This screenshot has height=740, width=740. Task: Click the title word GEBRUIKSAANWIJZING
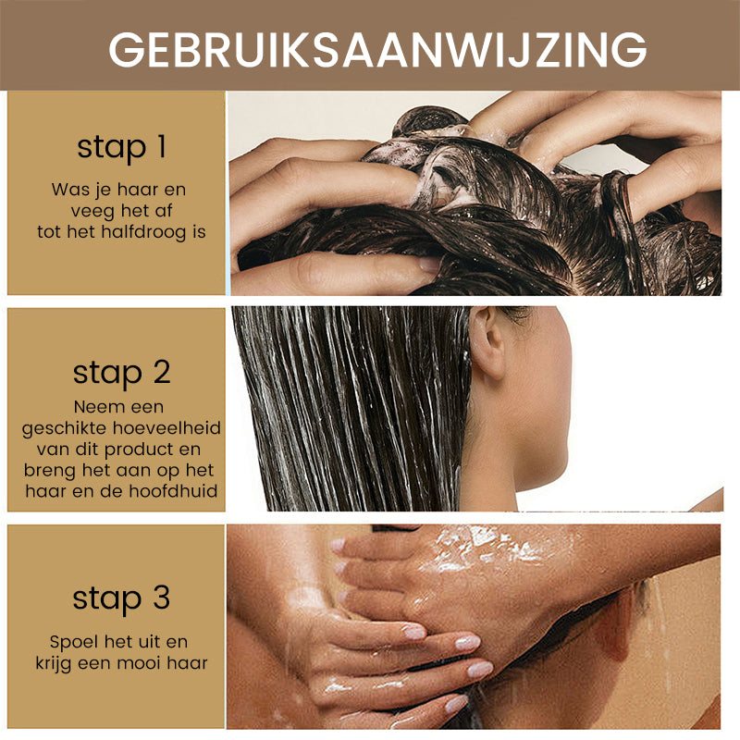point(377,49)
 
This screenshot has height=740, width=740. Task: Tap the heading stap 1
point(122,147)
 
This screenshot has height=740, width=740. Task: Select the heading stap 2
point(122,373)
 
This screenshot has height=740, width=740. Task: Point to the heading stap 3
point(121,598)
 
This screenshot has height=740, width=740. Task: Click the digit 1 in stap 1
point(161,146)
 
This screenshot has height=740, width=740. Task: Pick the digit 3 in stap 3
point(161,598)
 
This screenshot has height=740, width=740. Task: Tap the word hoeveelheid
point(166,428)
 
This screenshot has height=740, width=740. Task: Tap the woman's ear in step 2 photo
point(487,342)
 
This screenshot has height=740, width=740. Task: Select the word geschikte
point(64,428)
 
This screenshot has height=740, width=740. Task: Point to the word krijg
point(54,664)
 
